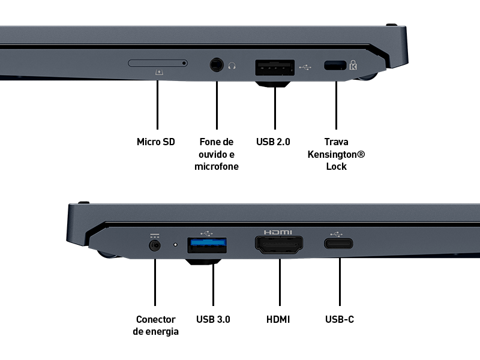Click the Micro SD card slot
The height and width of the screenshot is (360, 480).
click(158, 62)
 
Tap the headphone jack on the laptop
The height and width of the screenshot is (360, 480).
click(216, 64)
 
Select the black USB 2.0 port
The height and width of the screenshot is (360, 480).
click(274, 68)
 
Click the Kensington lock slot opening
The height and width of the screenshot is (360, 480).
click(335, 65)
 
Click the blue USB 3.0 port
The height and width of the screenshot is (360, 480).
click(207, 245)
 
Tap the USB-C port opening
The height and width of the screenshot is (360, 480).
click(339, 244)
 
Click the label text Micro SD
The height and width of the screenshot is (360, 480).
click(156, 142)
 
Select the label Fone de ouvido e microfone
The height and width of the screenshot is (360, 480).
click(217, 154)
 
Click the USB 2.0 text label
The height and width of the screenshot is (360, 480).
click(273, 142)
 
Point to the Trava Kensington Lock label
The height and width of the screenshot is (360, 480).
click(336, 154)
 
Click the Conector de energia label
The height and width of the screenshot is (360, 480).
click(155, 325)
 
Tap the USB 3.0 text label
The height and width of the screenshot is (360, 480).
click(213, 319)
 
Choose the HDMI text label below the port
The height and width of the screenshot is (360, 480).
click(278, 319)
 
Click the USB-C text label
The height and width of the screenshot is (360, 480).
click(340, 319)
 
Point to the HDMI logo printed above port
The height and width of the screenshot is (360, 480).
click(278, 232)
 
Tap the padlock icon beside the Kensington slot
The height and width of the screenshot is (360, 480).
click(353, 65)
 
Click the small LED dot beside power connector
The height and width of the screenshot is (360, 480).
click(175, 245)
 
